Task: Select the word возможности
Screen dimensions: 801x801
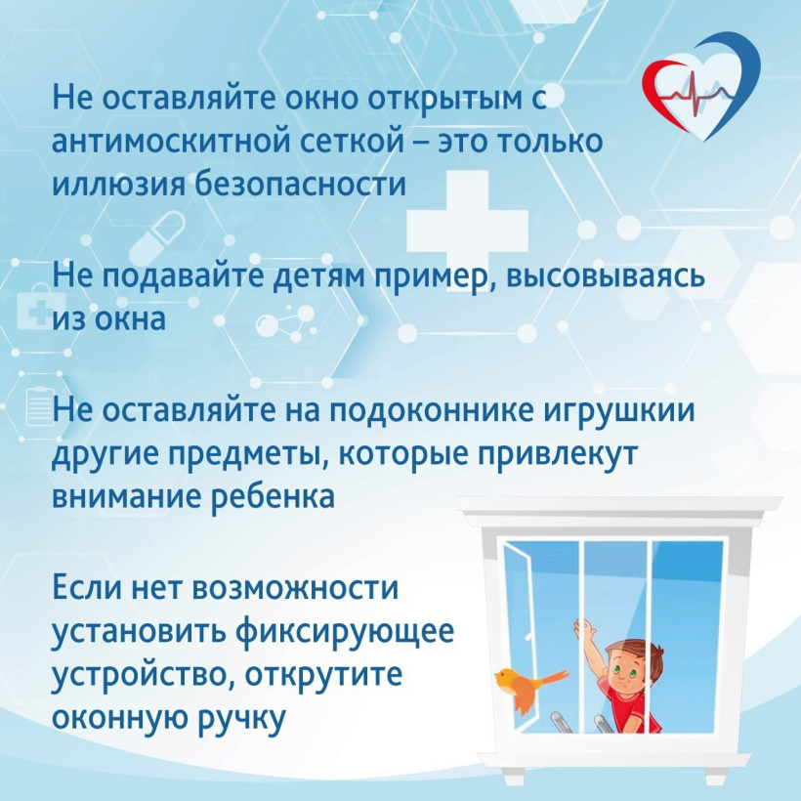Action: coord(295,588)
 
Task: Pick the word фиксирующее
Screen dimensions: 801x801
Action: coord(345,632)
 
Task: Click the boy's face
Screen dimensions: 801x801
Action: coord(626,671)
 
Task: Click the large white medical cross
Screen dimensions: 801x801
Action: coord(467,231)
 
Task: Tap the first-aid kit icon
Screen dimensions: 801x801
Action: coord(41,310)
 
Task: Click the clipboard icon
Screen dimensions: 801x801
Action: coord(41,406)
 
